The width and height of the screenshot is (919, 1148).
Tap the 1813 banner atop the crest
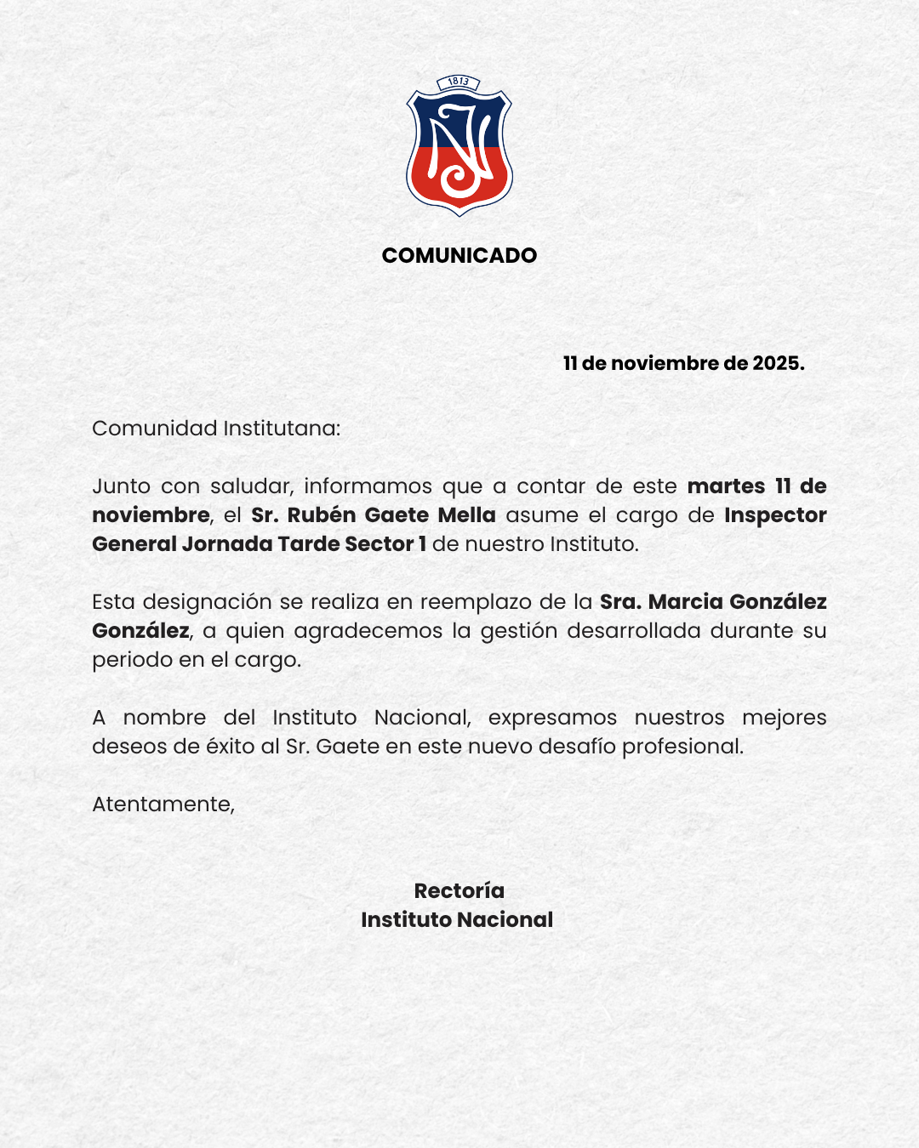459,82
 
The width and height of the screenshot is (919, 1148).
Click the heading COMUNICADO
459,255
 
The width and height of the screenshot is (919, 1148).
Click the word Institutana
281,428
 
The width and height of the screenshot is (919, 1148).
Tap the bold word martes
726,486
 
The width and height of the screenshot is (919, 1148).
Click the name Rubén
321,515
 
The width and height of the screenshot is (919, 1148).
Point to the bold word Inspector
775,515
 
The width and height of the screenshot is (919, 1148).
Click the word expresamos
552,718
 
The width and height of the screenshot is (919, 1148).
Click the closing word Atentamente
163,804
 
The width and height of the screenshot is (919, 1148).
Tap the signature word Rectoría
459,890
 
